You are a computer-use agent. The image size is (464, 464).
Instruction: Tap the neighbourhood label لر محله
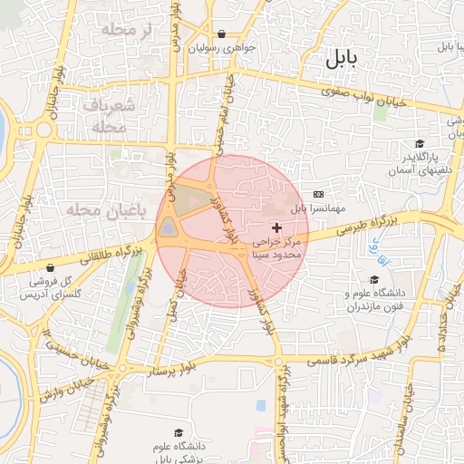pos(130,32)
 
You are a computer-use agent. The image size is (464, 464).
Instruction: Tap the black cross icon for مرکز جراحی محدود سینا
pos(275,226)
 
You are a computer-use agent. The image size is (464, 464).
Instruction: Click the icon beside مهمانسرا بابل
pos(318,194)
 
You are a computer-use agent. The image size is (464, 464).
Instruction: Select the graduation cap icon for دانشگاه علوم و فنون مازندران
pos(373,280)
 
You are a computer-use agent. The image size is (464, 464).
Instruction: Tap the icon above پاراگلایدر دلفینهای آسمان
pos(419,144)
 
